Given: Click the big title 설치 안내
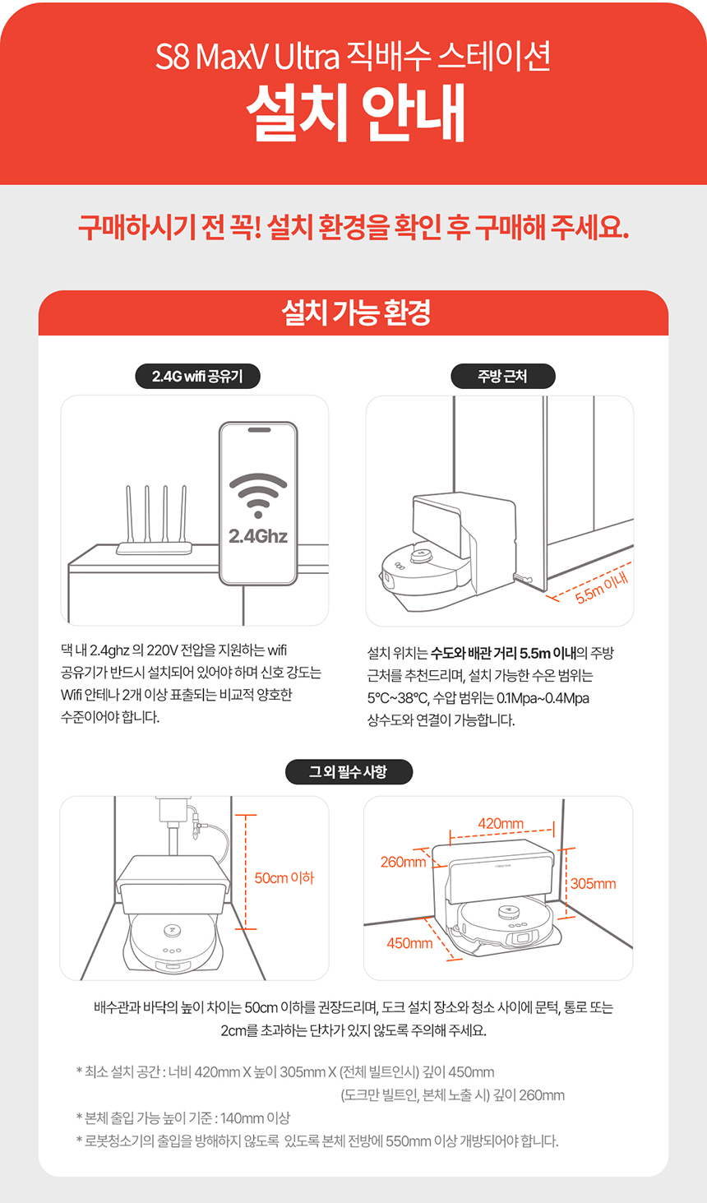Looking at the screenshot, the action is (x=355, y=113).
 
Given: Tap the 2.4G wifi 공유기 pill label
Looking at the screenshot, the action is (x=197, y=376).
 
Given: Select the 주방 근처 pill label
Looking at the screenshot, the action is (x=503, y=376).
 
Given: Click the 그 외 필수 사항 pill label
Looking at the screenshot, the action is (x=349, y=772).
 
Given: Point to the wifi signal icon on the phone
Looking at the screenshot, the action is (x=258, y=495).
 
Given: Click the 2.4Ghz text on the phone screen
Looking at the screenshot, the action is (x=258, y=536).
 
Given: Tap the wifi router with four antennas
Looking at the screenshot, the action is (x=155, y=521).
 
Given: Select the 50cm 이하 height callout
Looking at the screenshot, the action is (x=284, y=877).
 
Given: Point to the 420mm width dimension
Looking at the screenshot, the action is (x=501, y=823).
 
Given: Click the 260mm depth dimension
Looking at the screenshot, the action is (x=403, y=862).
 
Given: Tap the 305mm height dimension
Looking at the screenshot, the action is (x=594, y=883).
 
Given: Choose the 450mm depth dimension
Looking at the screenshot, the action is (x=409, y=943).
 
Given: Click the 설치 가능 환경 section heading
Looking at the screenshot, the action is (x=356, y=313).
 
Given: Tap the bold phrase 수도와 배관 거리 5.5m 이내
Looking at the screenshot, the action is (x=503, y=653).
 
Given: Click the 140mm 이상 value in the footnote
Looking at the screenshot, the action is (x=255, y=1118).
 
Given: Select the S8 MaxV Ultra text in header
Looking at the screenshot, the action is (x=247, y=57).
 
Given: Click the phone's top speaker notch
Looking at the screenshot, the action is (x=259, y=430).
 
